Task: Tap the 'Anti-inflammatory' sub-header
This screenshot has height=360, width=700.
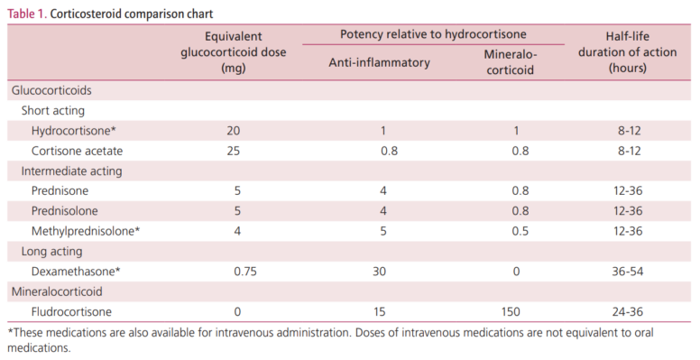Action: point(378,63)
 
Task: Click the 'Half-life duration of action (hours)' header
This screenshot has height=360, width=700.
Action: point(623,52)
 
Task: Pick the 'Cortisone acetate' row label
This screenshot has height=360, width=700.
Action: point(77,151)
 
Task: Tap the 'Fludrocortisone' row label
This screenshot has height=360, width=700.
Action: point(71,311)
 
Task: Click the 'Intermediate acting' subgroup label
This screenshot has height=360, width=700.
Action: point(71,171)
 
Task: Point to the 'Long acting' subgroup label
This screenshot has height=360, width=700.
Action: point(52,251)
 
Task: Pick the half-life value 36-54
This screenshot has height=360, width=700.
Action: point(624,271)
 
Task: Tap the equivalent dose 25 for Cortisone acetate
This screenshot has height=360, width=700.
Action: point(234,151)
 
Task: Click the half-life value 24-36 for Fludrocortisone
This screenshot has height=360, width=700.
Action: point(624,311)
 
